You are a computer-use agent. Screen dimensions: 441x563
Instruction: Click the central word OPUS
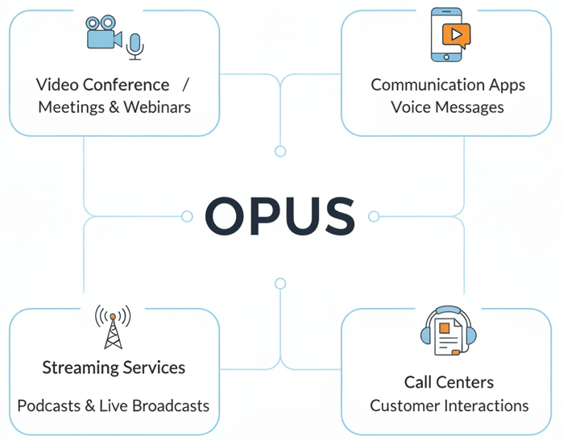point(279,216)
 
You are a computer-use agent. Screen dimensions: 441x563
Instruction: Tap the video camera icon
point(105,35)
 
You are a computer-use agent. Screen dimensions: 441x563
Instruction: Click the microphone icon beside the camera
point(135,47)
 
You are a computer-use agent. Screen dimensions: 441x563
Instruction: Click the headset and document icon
point(449,331)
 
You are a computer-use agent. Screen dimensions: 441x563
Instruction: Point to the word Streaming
point(78,368)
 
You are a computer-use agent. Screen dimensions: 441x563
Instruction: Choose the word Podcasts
point(49,405)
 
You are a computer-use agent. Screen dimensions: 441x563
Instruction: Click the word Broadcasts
point(169,405)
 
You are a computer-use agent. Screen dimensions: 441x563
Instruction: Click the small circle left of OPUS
point(187,216)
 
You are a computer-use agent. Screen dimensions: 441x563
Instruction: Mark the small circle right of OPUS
point(374,216)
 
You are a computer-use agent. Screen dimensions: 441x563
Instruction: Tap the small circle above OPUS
point(280,152)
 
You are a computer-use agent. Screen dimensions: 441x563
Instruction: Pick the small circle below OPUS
point(280,283)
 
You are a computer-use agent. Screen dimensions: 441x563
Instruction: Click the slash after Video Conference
point(185,85)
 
